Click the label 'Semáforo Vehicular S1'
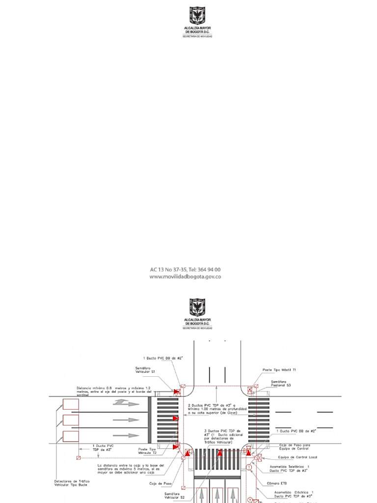pos(146,370)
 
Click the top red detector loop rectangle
pos(70,404)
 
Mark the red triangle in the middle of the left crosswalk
pos(175,419)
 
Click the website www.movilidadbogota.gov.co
pos(185,277)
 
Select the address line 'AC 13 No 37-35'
pos(185,270)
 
